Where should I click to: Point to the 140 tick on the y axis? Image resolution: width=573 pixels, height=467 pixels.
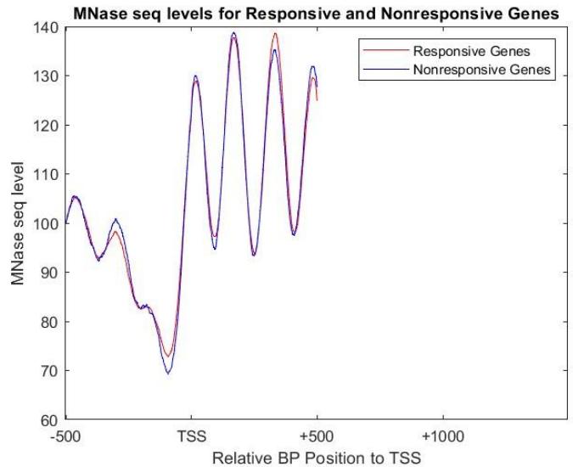(48, 27)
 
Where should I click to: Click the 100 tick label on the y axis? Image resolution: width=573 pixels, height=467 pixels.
(48, 223)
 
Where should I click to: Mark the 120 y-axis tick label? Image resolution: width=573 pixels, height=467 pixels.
(48, 126)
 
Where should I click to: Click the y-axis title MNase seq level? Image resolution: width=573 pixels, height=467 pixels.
(19, 223)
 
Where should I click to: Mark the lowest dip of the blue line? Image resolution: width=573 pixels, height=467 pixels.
(168, 373)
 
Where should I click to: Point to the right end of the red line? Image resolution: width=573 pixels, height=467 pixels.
(317, 100)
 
